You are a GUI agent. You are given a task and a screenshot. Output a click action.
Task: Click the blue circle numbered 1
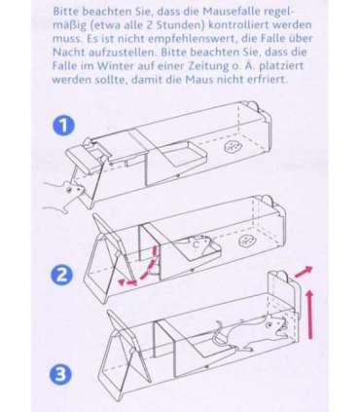click(x=63, y=126)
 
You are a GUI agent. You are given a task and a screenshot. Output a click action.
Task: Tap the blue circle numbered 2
click(x=61, y=275)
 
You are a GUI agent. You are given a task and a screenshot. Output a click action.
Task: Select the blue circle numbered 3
click(x=60, y=374)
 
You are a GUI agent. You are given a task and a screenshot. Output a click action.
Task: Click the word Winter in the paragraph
click(x=116, y=66)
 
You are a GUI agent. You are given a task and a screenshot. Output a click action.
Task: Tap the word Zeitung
click(x=204, y=66)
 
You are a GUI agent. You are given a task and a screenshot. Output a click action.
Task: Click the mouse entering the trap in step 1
click(x=66, y=196)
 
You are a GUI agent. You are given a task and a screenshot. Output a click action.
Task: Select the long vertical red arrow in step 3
click(x=310, y=315)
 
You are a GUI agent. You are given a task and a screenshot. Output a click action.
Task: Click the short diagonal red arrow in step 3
click(x=304, y=271)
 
